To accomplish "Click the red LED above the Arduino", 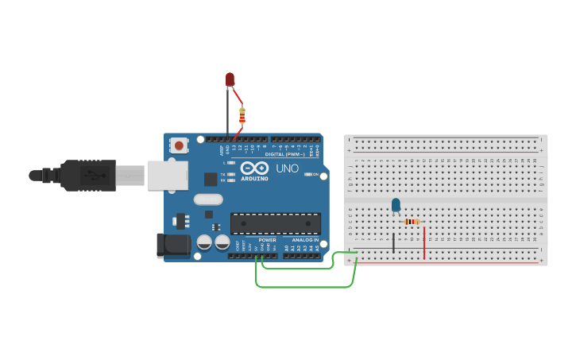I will (x=230, y=79).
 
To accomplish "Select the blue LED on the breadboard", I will (x=396, y=205).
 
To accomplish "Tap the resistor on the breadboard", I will (x=412, y=222).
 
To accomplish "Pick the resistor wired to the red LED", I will (x=242, y=116).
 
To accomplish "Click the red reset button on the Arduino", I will (x=180, y=145).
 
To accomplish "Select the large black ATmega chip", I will (x=276, y=223).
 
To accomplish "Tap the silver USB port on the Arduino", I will (x=168, y=175).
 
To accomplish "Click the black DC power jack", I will (x=173, y=246).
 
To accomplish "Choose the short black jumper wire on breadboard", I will (x=392, y=243).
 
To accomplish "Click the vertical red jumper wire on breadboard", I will (x=424, y=243).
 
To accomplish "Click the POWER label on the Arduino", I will (x=268, y=239).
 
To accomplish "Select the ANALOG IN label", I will (x=305, y=239).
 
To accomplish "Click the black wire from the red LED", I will (x=228, y=115).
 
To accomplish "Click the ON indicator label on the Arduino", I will (x=315, y=174).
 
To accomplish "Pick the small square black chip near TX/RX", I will (x=211, y=180).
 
